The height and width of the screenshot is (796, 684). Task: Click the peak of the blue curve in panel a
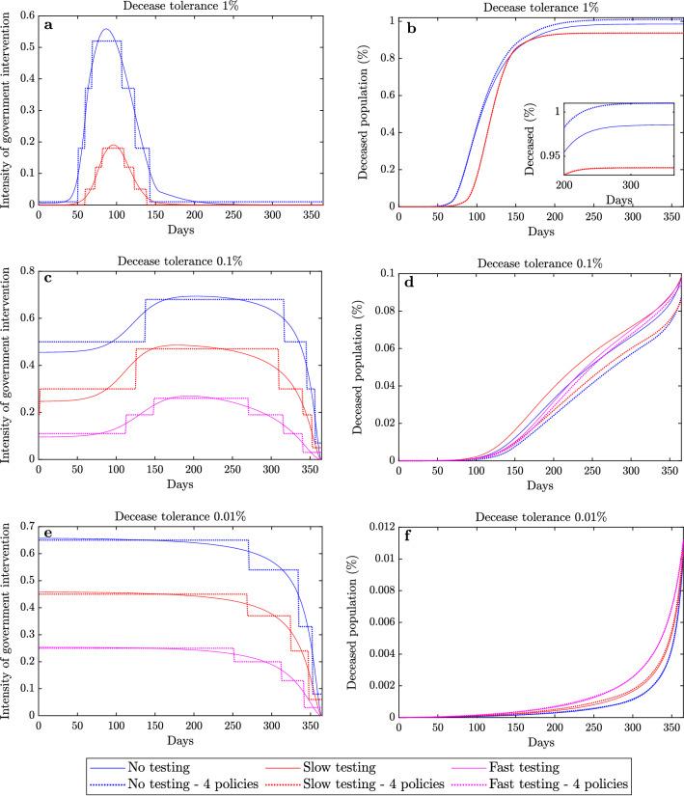pos(105,29)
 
